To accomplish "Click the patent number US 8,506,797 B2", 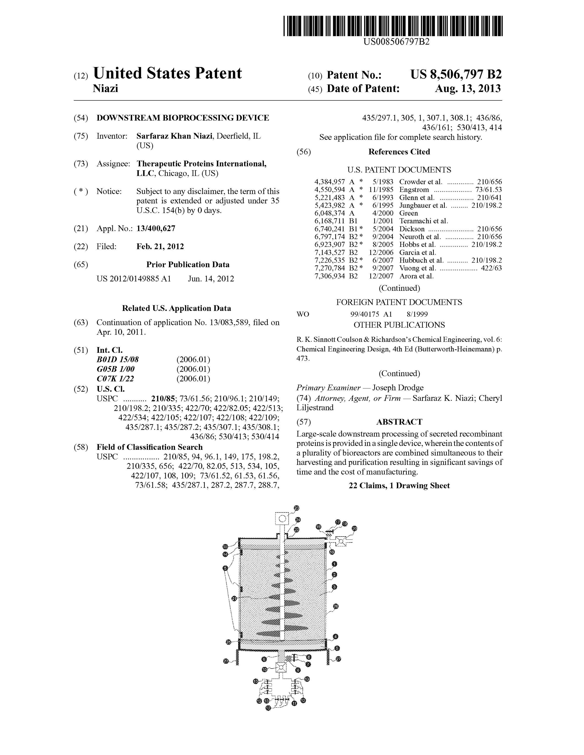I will pos(456,75).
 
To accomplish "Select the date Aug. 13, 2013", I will pos(467,89).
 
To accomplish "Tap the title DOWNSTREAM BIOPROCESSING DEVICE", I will pos(183,118).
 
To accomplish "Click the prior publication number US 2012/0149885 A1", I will pos(134,279).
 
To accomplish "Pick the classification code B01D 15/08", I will pos(118,359).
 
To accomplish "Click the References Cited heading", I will pos(399,152).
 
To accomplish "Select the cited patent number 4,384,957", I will pos(329,182).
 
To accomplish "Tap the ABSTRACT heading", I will pos(399,422).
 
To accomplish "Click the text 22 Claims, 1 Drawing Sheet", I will pos(399,486).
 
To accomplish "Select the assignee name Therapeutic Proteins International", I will pos(201,164).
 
